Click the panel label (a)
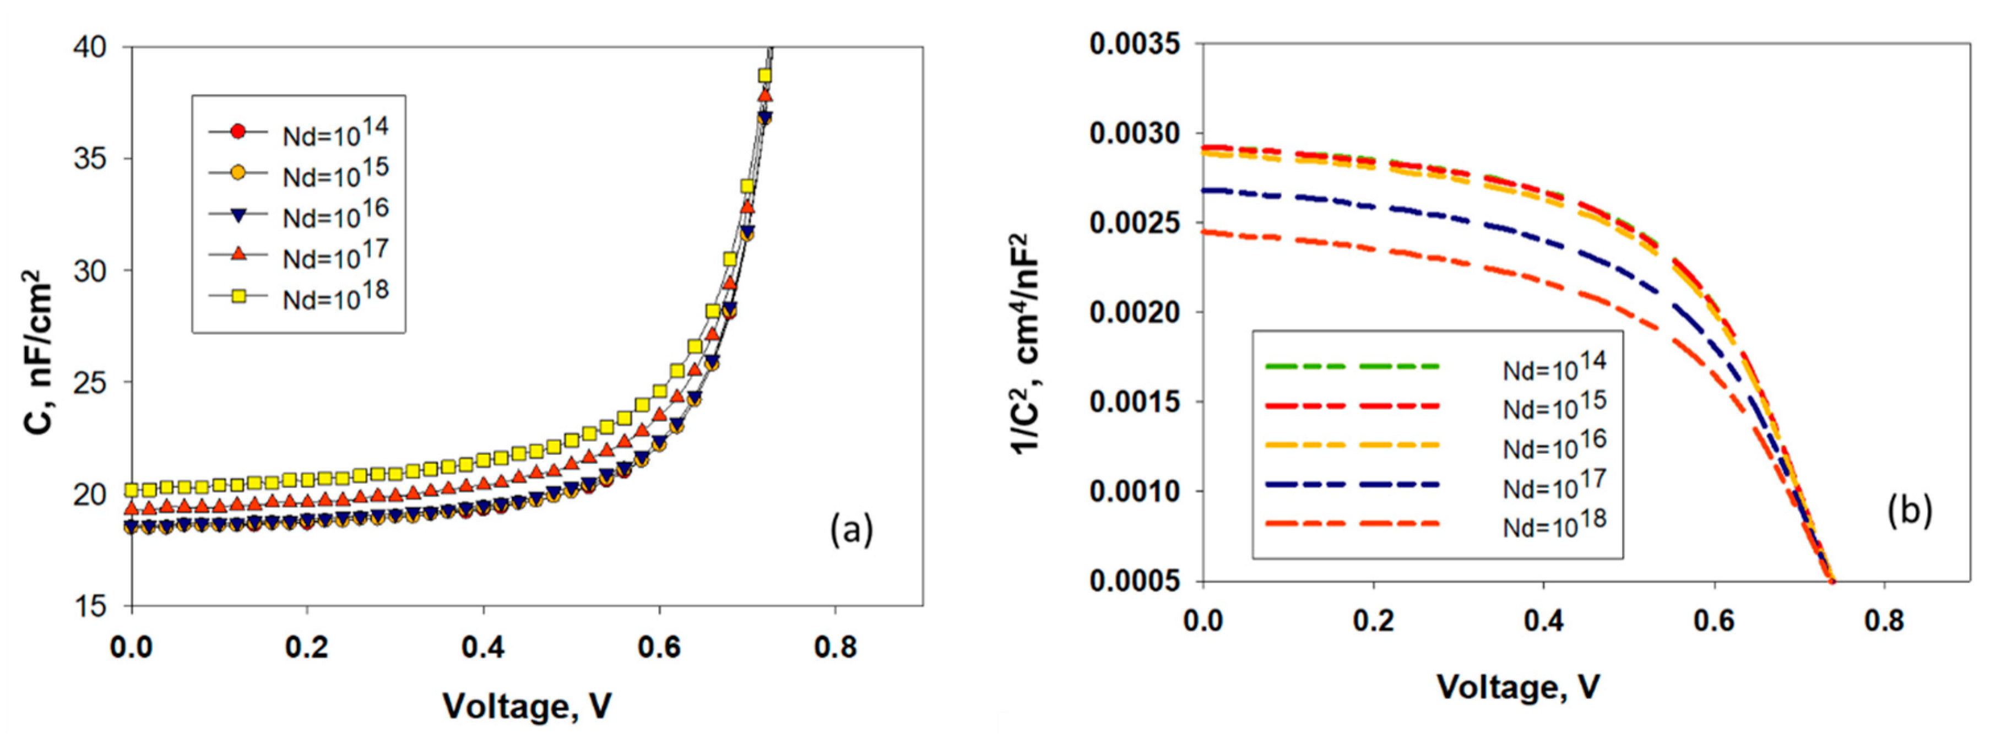coord(851,531)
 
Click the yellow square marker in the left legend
coord(238,296)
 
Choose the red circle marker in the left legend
coord(238,132)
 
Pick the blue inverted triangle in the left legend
coord(238,214)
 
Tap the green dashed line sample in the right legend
coord(1352,366)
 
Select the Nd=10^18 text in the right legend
coord(1554,524)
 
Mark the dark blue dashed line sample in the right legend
coord(1352,485)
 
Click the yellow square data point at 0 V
coord(132,490)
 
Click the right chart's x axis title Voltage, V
coord(1518,687)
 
